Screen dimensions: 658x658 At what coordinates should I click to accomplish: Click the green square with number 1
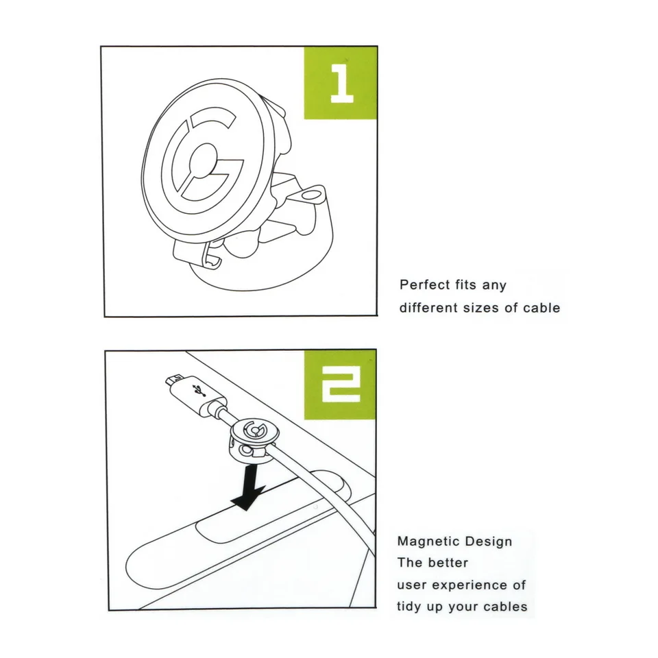click(340, 83)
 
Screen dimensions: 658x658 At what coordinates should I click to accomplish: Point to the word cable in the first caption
click(541, 308)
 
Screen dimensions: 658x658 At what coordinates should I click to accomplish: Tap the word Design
click(488, 541)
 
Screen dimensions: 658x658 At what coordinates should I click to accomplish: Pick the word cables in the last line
click(505, 607)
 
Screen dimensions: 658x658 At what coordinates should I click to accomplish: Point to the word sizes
click(480, 308)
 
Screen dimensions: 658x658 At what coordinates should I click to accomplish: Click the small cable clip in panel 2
click(253, 439)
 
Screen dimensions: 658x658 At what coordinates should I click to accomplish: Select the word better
click(448, 563)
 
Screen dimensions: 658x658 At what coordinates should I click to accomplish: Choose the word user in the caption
click(411, 585)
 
